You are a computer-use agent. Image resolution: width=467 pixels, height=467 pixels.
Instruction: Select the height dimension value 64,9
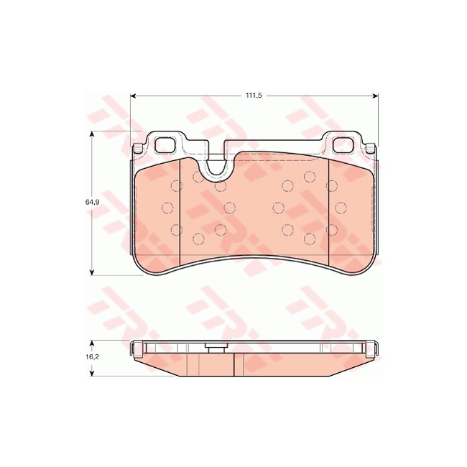point(91,203)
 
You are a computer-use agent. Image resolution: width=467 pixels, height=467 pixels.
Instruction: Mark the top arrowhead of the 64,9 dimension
point(92,136)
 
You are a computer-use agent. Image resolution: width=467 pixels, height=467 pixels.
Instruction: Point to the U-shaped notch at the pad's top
point(216,169)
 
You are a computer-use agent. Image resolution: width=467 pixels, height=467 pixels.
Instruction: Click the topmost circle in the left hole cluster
point(197,176)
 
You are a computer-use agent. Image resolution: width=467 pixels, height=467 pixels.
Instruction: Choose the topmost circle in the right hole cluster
point(310,176)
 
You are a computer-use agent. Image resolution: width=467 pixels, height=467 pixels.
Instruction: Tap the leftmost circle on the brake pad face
point(167,208)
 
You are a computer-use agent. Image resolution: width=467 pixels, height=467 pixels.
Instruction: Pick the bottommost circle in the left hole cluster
point(197,239)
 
